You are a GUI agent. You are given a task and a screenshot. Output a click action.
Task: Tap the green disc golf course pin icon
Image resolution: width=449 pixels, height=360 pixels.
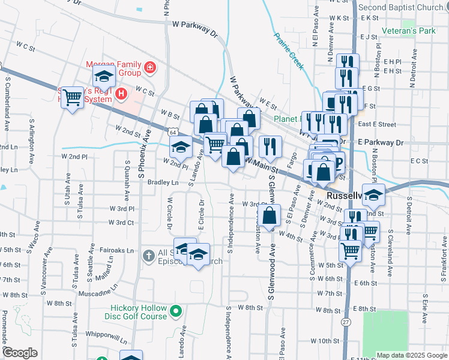[176, 312]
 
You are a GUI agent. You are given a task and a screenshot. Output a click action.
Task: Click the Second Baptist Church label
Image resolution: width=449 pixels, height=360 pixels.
[401, 7]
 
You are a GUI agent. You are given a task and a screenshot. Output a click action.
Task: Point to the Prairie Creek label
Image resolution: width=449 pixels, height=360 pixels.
[289, 51]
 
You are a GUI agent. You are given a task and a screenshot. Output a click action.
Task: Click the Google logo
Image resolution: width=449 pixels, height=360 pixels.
[20, 353]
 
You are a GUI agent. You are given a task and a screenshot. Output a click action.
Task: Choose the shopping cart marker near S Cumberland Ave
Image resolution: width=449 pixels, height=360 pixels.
[73, 97]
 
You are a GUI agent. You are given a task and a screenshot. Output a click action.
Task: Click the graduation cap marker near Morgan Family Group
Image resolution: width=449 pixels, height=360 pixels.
[104, 76]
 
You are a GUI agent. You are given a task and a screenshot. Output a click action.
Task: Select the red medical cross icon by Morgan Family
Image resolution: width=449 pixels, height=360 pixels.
[149, 68]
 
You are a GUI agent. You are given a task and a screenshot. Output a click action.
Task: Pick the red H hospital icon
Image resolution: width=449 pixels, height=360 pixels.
[122, 94]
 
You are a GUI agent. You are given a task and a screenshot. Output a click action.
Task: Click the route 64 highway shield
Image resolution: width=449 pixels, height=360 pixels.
[173, 131]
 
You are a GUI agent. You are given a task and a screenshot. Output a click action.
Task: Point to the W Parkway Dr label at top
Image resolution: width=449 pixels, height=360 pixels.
[194, 29]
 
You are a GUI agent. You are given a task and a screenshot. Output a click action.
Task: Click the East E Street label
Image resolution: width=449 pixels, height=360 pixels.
[377, 125]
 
